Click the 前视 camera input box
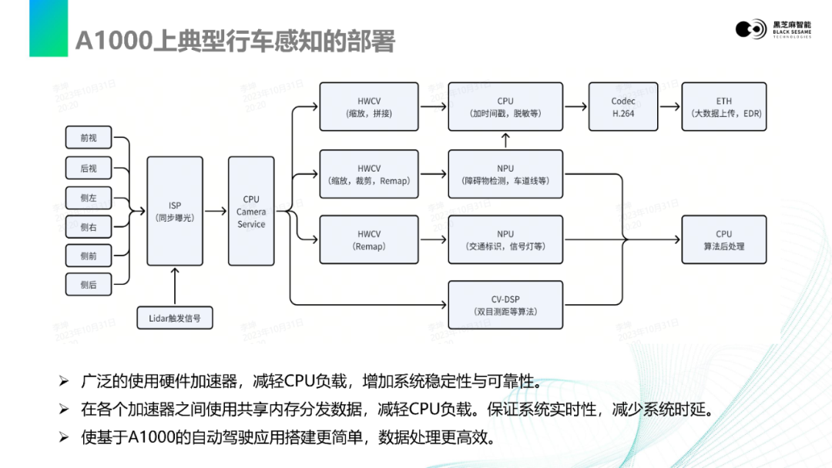[89, 139]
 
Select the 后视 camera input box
[89, 168]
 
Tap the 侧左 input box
[89, 198]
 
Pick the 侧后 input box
[89, 285]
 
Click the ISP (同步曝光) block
[175, 212]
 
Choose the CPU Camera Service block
[251, 212]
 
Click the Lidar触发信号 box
[175, 317]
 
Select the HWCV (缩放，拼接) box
[369, 107]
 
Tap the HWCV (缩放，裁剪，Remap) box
[369, 174]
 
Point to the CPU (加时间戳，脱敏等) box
[505, 107]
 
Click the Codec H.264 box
[623, 107]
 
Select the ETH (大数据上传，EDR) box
[723, 107]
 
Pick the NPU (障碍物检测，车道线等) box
[505, 174]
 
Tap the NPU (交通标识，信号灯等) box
[505, 240]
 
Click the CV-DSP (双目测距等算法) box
[505, 305]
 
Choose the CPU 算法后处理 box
[723, 240]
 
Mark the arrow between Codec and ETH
[669, 107]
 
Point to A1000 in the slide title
[114, 42]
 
